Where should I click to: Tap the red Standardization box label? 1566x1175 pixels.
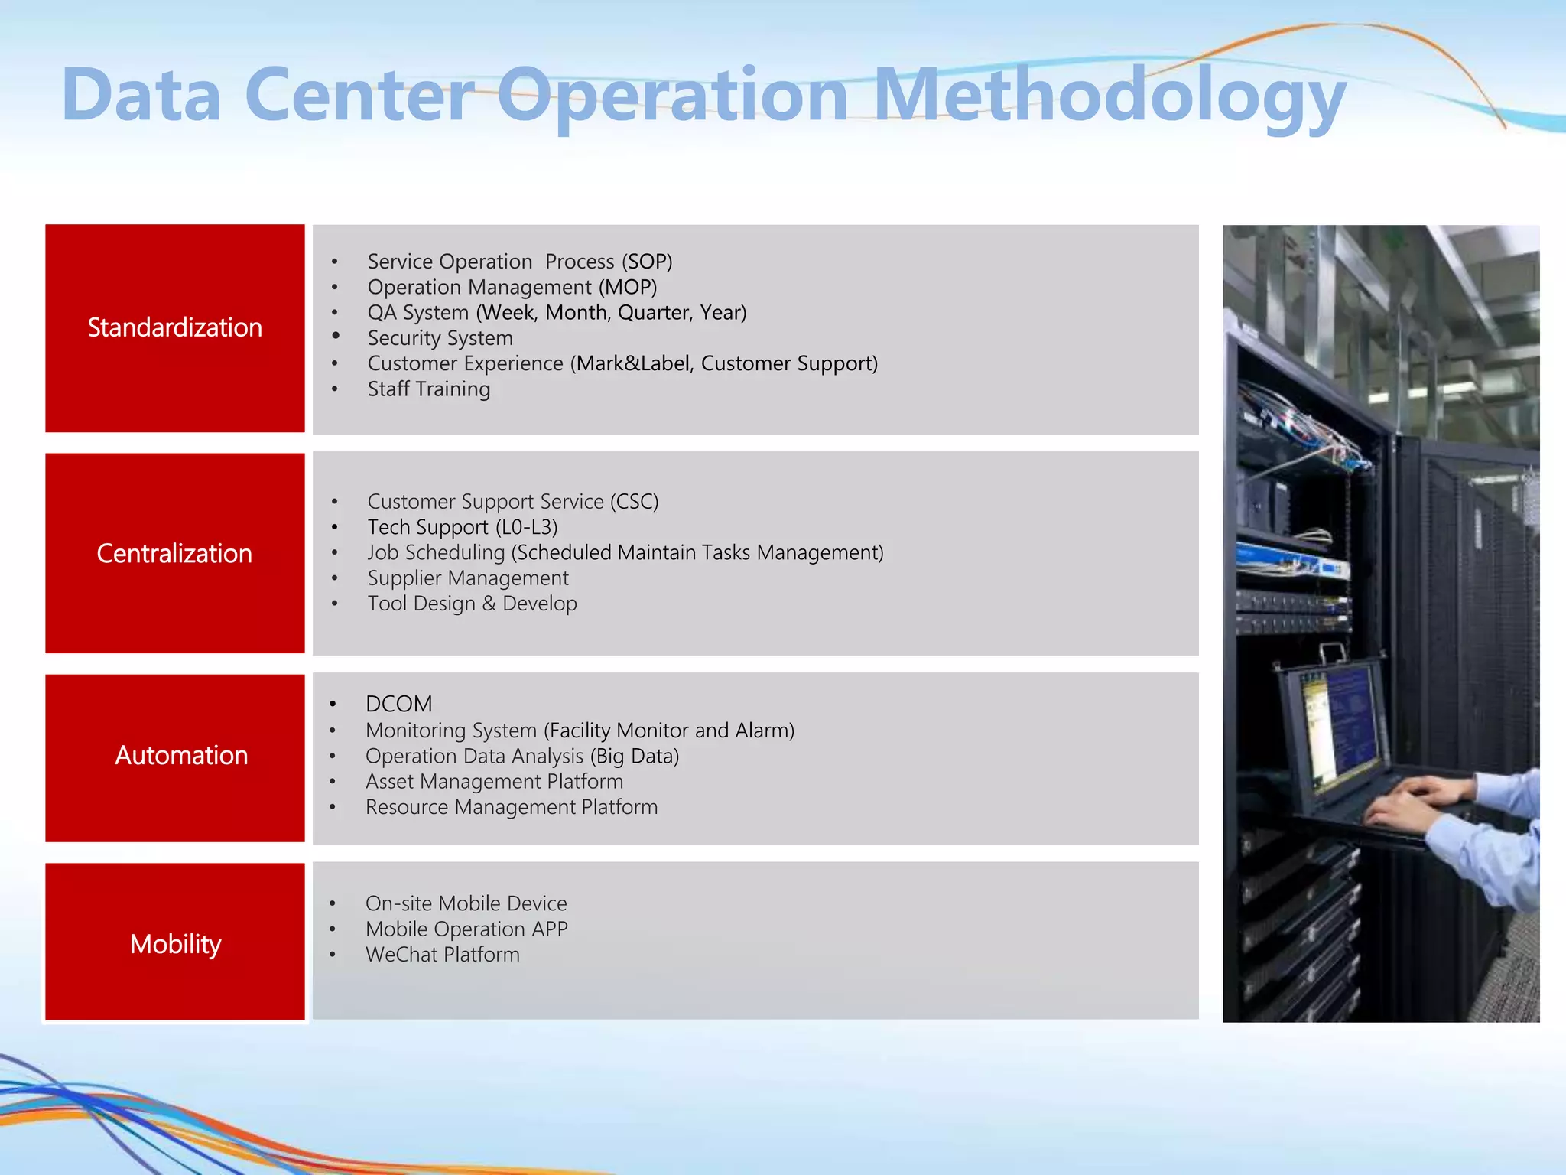point(174,327)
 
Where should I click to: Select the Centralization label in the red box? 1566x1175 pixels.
point(174,553)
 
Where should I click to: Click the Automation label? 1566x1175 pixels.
point(181,755)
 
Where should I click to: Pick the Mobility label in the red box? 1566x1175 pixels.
point(175,944)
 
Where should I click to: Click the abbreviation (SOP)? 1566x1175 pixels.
point(647,262)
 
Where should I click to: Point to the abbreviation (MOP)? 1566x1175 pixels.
point(628,287)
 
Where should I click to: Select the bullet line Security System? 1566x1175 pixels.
point(440,338)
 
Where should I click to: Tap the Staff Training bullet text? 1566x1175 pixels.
point(428,389)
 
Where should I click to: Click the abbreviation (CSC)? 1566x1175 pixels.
point(634,502)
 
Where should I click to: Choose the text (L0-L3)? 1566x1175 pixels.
point(526,527)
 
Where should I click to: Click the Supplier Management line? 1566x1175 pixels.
point(468,578)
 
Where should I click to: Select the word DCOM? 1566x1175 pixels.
point(398,704)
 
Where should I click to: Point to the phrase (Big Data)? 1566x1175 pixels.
point(635,756)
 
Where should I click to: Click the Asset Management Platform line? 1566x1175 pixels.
point(494,782)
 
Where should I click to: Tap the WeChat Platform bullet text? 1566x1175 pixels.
point(442,955)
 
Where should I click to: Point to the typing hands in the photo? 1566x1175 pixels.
point(1415,803)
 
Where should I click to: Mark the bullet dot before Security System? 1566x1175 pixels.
point(335,336)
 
